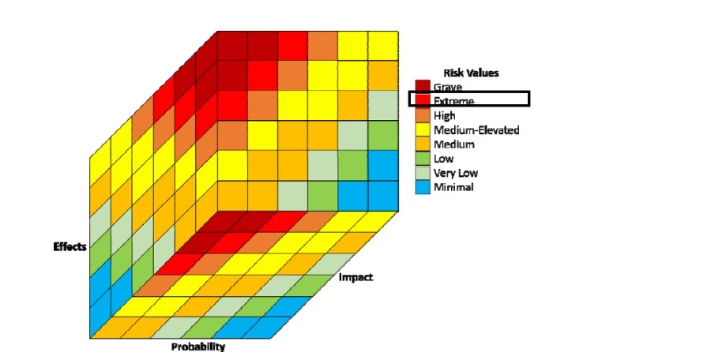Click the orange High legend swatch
pyautogui.click(x=423, y=115)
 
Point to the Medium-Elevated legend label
pyautogui.click(x=476, y=130)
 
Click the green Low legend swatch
pyautogui.click(x=423, y=159)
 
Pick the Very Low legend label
pyautogui.click(x=455, y=173)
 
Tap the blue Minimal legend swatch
pyautogui.click(x=423, y=187)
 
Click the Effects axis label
pyautogui.click(x=70, y=246)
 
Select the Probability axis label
pyautogui.click(x=198, y=347)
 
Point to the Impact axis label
pyautogui.click(x=355, y=277)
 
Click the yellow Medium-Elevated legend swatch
pyautogui.click(x=423, y=130)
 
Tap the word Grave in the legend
pyautogui.click(x=449, y=87)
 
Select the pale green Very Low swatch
pyautogui.click(x=423, y=173)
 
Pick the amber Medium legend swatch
pyautogui.click(x=423, y=144)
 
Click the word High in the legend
pyautogui.click(x=446, y=115)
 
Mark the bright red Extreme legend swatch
pyautogui.click(x=423, y=101)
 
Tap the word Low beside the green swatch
pyautogui.click(x=444, y=159)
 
